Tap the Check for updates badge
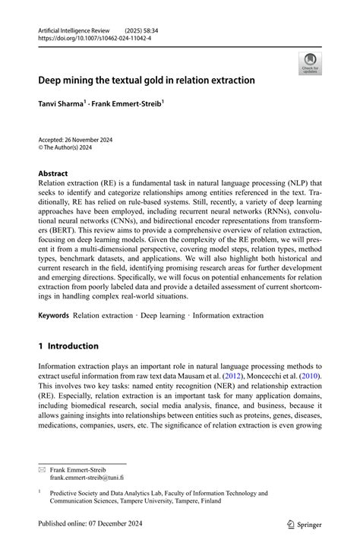coord(310,63)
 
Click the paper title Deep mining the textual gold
coord(147,80)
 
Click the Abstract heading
coord(54,173)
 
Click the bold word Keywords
coord(53,314)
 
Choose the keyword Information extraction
coord(232,314)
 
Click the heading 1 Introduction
coord(68,346)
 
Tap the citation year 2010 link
coord(311,376)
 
